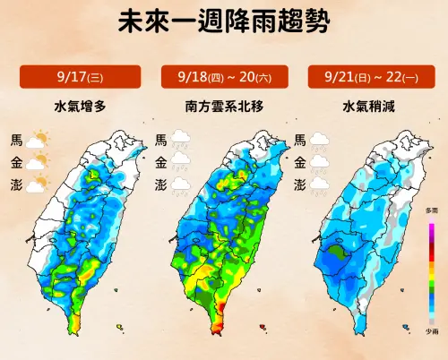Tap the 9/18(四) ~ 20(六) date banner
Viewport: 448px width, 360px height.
coord(223,77)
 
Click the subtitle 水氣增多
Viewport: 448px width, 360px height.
coord(79,106)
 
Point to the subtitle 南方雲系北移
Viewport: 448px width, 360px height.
coord(223,106)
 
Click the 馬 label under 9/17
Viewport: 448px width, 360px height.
coord(16,140)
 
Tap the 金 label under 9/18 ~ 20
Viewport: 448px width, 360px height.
coord(161,162)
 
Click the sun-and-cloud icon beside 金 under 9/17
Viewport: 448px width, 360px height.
coord(39,162)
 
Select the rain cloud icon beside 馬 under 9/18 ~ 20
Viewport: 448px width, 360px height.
coord(182,140)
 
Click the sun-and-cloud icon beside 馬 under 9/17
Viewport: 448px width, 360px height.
coord(39,140)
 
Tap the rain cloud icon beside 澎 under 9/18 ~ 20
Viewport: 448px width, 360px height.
coord(182,185)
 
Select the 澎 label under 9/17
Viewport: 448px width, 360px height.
coord(16,184)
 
